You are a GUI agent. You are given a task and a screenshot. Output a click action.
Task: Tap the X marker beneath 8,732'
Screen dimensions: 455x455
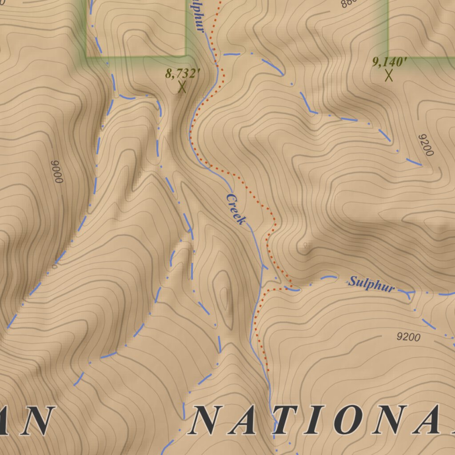click(182, 87)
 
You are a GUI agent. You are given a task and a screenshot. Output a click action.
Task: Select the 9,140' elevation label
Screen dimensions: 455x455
click(390, 62)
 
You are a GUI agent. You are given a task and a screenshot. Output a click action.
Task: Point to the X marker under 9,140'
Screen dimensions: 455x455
click(389, 75)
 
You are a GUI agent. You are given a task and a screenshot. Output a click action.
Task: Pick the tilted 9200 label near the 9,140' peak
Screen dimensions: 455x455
click(425, 145)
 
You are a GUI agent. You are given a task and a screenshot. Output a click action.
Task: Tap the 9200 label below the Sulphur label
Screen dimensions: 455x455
click(408, 337)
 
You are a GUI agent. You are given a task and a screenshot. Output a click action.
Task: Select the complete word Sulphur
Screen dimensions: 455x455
click(371, 284)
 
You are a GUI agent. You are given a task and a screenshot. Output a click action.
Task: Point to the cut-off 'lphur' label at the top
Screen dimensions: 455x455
click(198, 16)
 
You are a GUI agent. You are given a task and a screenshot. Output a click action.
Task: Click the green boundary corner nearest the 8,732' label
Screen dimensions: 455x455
click(185, 56)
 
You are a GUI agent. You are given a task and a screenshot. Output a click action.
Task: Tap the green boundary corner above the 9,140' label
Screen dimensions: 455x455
click(388, 57)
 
